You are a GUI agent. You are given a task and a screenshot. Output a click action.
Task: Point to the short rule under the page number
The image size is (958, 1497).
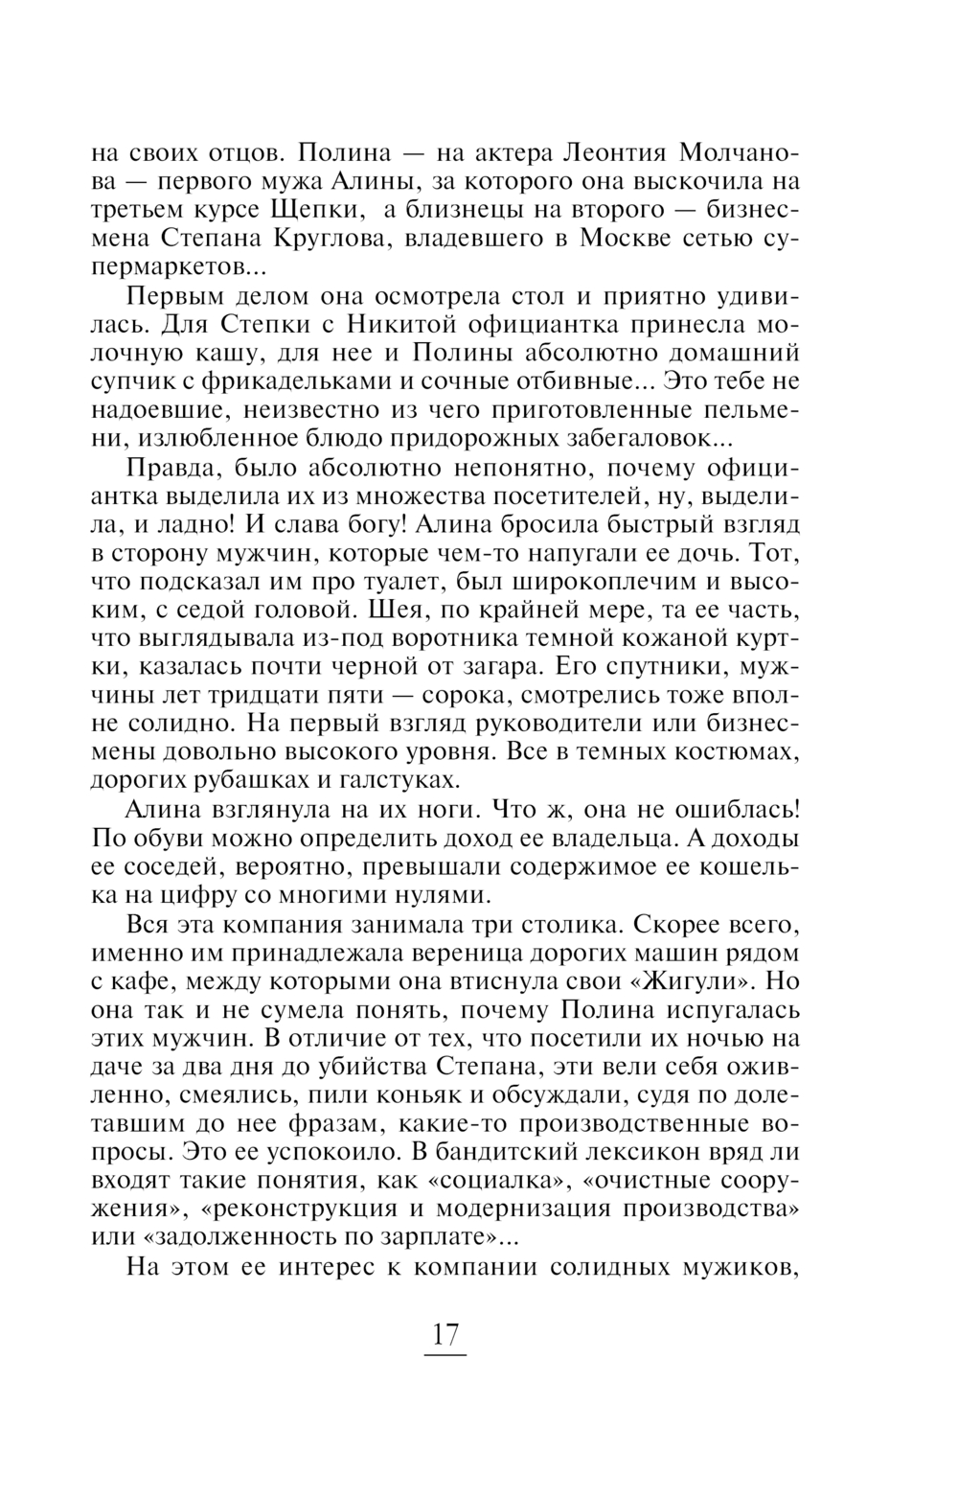[445, 1355]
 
